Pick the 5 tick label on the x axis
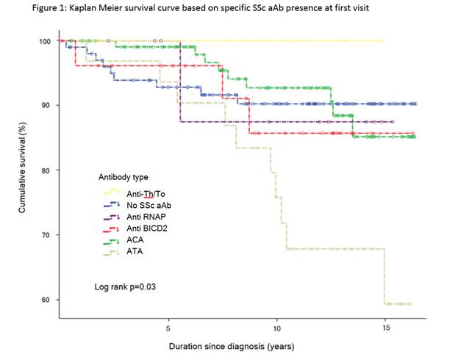(x=168, y=320)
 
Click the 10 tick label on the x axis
(x=276, y=320)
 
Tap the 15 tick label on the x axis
(x=384, y=320)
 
